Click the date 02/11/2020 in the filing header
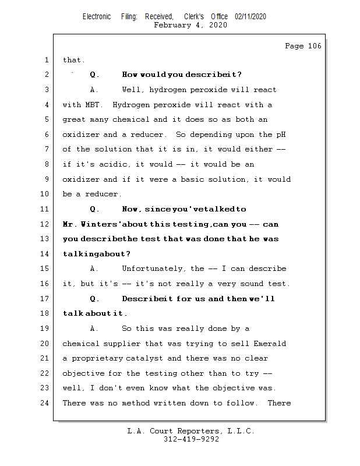[x=250, y=17]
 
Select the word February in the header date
[x=172, y=25]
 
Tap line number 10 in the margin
[x=45, y=194]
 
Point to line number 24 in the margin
[x=45, y=403]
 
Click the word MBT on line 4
[x=94, y=105]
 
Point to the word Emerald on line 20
[x=269, y=344]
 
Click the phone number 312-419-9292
[x=191, y=439]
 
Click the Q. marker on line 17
[x=95, y=299]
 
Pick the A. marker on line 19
[x=94, y=329]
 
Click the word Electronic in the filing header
[x=97, y=17]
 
